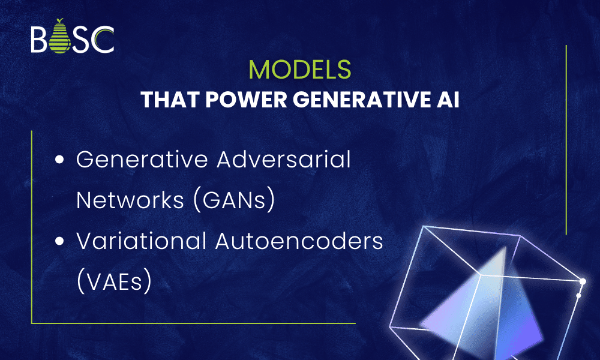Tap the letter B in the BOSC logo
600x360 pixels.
click(x=38, y=40)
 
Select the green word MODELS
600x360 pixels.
click(x=300, y=70)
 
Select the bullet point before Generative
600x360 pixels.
click(x=59, y=160)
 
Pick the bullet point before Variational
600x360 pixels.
click(x=59, y=242)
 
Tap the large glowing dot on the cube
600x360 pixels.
click(x=582, y=281)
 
